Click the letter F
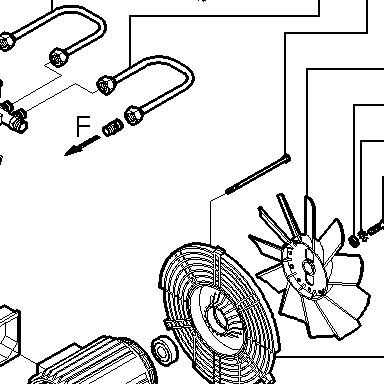point(83,126)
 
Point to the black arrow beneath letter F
point(81,146)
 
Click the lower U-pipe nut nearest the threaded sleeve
point(134,115)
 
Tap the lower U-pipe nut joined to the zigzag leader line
point(106,86)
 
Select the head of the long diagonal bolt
point(286,159)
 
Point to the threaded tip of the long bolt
point(229,191)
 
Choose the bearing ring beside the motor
point(164,350)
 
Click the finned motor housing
point(97,363)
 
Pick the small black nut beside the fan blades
point(354,240)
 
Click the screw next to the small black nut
point(371,230)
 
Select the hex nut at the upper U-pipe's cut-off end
point(6,41)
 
